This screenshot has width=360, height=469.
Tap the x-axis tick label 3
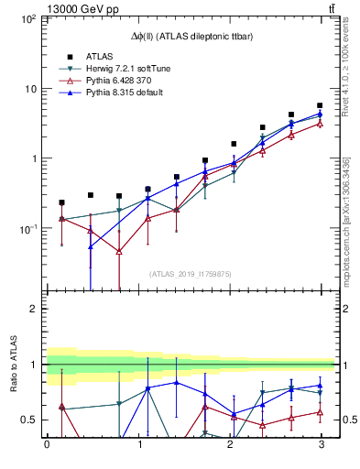320,447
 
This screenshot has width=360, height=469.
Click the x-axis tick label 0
47,447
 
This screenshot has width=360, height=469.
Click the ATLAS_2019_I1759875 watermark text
190,273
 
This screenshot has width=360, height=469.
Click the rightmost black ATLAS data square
320,106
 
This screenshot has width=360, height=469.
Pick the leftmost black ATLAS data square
61,202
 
